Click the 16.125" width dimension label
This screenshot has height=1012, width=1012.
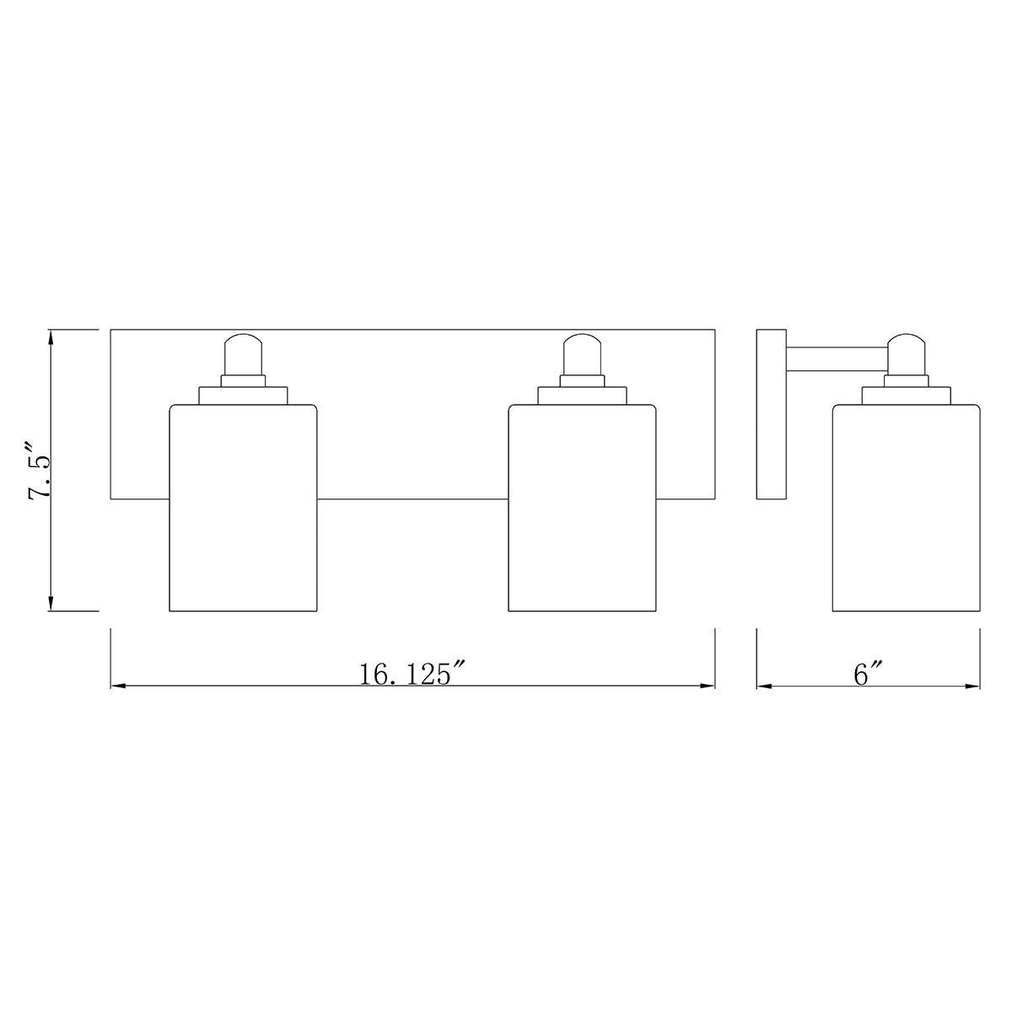click(412, 674)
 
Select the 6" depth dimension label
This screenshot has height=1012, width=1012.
click(868, 674)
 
